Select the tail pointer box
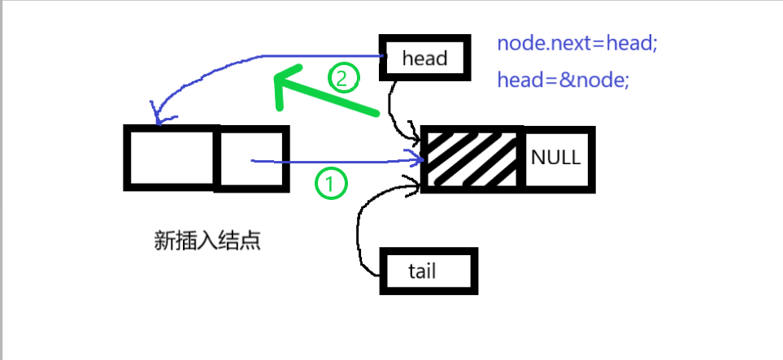(x=429, y=271)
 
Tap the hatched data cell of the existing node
(x=472, y=158)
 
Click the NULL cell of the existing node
(x=556, y=158)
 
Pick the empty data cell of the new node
(x=170, y=158)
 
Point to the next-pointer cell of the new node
(x=251, y=158)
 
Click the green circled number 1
(x=330, y=184)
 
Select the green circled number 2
(x=342, y=78)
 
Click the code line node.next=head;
(x=576, y=43)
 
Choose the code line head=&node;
(x=563, y=80)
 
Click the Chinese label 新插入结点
(x=207, y=241)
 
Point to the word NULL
(x=556, y=158)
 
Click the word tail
(x=422, y=271)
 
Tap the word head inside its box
(x=424, y=59)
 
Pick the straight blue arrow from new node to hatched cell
(x=341, y=162)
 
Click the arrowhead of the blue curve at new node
(x=156, y=119)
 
